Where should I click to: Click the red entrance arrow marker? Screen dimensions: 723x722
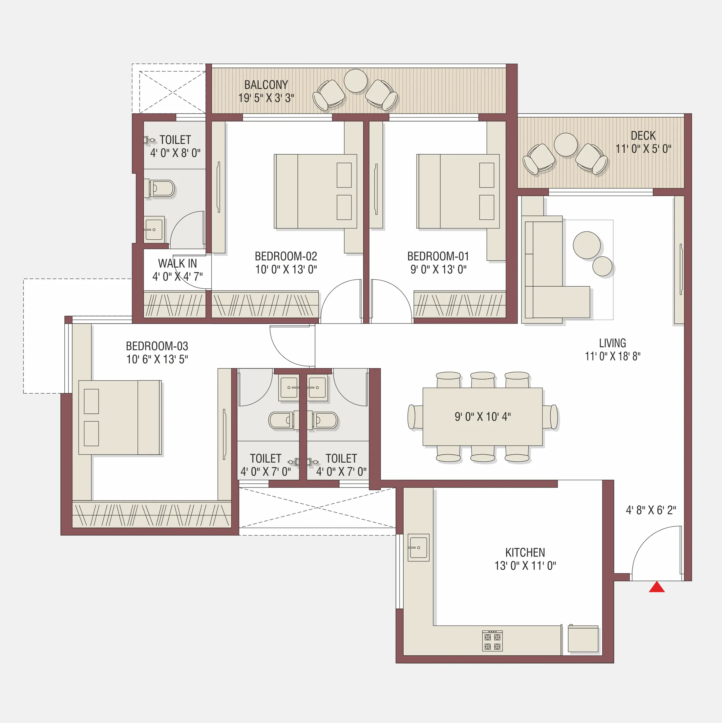(x=657, y=587)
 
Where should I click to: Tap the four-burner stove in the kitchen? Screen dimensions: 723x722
(x=492, y=641)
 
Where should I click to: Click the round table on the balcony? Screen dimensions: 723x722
(x=355, y=80)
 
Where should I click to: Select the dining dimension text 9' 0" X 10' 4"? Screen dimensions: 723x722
(x=482, y=417)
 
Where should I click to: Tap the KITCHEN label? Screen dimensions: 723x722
(x=525, y=552)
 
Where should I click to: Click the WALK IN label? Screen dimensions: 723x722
(x=177, y=263)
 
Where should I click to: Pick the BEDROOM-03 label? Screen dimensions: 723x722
(x=157, y=346)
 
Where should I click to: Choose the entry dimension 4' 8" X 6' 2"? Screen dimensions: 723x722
(x=651, y=510)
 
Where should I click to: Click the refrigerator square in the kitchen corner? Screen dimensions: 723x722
(x=583, y=640)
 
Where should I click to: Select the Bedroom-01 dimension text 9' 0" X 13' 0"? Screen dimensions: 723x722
(x=438, y=270)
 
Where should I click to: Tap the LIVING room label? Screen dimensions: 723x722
(x=612, y=343)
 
